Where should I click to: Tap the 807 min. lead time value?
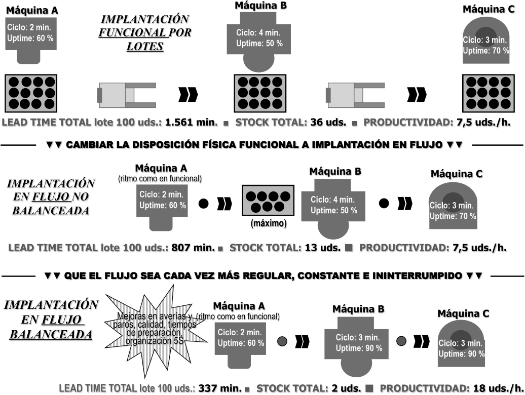coord(194,248)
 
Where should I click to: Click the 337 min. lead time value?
coord(220,388)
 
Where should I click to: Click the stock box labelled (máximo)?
coord(268,202)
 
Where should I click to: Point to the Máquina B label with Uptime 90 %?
coord(358,309)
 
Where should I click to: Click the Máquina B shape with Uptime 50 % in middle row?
coord(333,205)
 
